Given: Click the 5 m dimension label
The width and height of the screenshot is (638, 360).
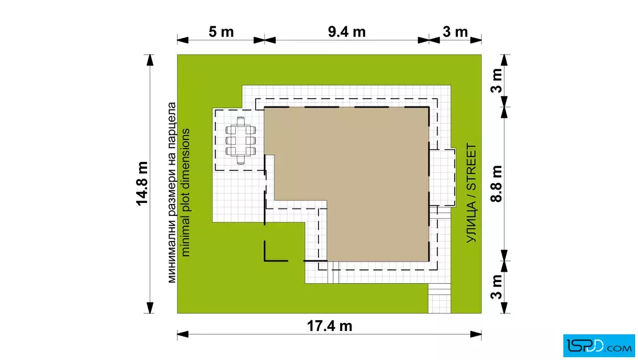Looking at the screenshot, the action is pyautogui.click(x=221, y=32).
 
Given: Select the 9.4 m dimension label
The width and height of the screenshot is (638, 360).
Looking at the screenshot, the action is pyautogui.click(x=347, y=32).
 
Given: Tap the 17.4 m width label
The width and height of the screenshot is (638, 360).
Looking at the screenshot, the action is pyautogui.click(x=329, y=326).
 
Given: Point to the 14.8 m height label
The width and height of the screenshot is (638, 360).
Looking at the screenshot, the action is pyautogui.click(x=142, y=183).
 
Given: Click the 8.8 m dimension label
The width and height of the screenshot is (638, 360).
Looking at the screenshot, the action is pyautogui.click(x=496, y=184).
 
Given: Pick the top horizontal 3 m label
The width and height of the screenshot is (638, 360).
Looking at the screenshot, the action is pyautogui.click(x=455, y=32).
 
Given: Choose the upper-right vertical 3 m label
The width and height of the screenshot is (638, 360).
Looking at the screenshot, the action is pyautogui.click(x=496, y=80).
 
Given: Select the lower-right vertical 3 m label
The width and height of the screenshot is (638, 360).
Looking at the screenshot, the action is pyautogui.click(x=496, y=287).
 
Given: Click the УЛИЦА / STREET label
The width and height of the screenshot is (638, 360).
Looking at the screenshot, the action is pyautogui.click(x=471, y=193).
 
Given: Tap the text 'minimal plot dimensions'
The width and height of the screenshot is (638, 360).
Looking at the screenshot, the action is pyautogui.click(x=185, y=193).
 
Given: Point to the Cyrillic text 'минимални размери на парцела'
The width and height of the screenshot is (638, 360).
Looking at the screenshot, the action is pyautogui.click(x=171, y=193).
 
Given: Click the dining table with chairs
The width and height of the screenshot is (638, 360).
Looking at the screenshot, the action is pyautogui.click(x=240, y=141).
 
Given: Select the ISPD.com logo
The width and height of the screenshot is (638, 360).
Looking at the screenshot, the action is pyautogui.click(x=599, y=346).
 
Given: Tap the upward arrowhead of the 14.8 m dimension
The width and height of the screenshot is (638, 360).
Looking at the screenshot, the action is pyautogui.click(x=150, y=60).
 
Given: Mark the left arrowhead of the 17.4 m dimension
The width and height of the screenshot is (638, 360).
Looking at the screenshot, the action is pyautogui.click(x=183, y=334).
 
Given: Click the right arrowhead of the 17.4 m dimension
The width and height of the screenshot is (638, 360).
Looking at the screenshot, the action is pyautogui.click(x=476, y=334).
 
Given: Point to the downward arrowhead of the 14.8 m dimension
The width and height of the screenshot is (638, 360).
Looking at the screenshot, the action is pyautogui.click(x=150, y=308).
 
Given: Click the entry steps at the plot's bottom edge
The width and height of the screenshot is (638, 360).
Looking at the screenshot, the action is pyautogui.click(x=439, y=298).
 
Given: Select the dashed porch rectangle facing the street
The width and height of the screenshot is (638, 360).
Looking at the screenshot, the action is pyautogui.click(x=442, y=177).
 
